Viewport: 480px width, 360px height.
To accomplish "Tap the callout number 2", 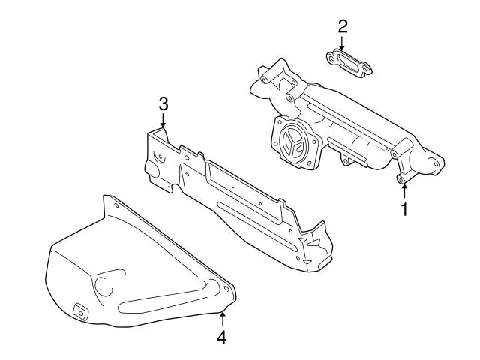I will (342, 27).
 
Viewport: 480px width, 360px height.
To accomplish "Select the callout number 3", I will (163, 103).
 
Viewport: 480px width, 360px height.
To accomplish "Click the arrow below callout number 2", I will (342, 45).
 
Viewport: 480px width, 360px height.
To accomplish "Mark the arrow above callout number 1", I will (403, 187).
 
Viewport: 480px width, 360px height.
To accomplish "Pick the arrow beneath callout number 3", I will (163, 121).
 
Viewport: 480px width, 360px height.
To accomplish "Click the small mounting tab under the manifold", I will (344, 160).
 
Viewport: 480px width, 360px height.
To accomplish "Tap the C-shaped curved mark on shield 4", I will (101, 283).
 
